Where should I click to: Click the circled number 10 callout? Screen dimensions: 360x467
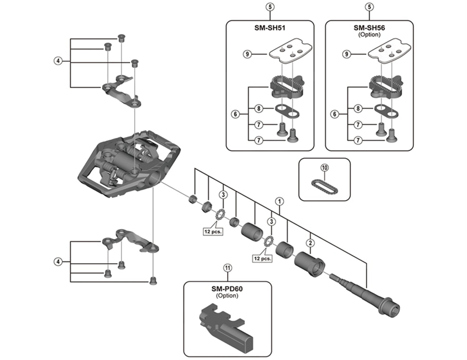pos(325,167)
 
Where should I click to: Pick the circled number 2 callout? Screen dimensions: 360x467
pos(311,242)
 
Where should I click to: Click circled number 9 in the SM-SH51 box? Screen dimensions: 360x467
pos(247,54)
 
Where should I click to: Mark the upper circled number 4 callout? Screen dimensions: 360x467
pos(58,61)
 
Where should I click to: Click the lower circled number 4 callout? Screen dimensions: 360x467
pos(58,261)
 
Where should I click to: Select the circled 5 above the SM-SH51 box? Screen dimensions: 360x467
pos(269,7)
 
